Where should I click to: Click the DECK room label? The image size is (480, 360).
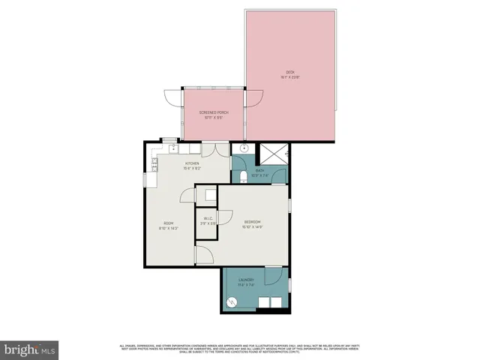[289, 72]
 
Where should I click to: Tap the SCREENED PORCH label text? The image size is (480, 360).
[213, 112]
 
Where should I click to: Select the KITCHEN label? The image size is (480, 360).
[193, 163]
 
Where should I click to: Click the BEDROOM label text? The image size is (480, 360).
[252, 221]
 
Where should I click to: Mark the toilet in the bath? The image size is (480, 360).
[244, 178]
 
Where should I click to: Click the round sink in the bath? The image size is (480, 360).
[244, 149]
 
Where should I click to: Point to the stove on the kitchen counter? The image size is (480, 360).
[154, 160]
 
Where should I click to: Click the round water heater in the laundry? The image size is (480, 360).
[232, 301]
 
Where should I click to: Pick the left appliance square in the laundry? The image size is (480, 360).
[262, 303]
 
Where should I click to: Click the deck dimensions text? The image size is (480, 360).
[289, 77]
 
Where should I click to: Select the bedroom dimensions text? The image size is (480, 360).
[252, 226]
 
